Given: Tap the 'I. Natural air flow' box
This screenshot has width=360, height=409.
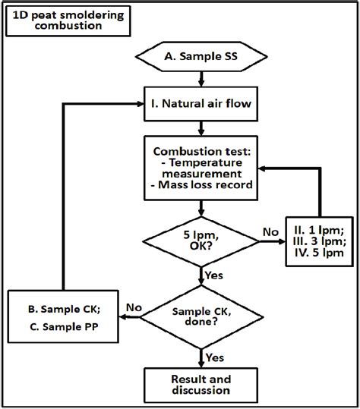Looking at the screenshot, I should click(x=200, y=99).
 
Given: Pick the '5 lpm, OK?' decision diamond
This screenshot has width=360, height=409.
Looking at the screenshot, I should click(x=200, y=241).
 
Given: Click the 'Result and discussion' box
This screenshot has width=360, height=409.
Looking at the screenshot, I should click(x=200, y=385).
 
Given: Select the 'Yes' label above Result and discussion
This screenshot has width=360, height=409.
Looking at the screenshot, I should click(x=216, y=357).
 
